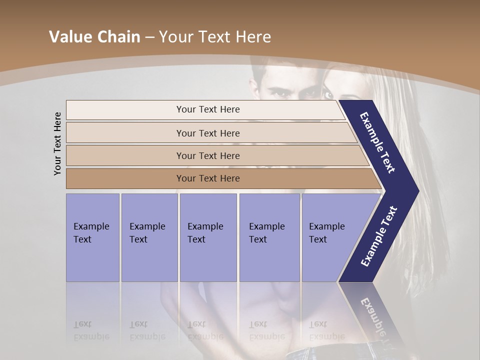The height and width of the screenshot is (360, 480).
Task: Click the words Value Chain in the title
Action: tap(94, 37)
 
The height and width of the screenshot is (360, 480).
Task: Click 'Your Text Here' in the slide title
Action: tap(215, 37)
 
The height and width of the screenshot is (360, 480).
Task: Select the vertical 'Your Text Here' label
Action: tap(57, 143)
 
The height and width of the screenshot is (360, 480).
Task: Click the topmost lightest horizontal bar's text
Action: tap(208, 109)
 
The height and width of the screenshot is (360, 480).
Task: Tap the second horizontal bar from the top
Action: tap(208, 133)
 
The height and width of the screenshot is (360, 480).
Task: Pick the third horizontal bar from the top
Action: tap(208, 156)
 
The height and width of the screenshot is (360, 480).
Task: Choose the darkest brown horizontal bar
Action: tap(208, 178)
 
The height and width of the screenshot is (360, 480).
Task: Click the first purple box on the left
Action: tap(92, 237)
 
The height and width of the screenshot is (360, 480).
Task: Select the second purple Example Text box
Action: tap(149, 237)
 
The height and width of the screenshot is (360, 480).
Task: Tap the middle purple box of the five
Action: tap(207, 237)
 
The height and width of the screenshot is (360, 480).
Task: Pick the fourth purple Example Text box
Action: tap(269, 237)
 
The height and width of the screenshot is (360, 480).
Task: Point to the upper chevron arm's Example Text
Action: tap(377, 142)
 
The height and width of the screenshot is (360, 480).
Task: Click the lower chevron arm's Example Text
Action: tap(378, 236)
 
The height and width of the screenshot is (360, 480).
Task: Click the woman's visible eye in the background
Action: tap(328, 94)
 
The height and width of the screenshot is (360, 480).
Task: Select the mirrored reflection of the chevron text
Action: tap(377, 320)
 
